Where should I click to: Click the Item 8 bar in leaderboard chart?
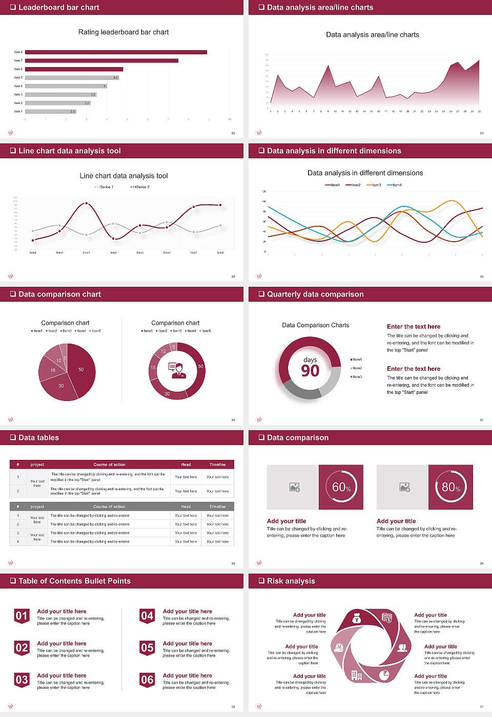[x=116, y=52]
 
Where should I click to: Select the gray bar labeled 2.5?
[x=50, y=111]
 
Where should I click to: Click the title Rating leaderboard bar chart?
[x=123, y=32]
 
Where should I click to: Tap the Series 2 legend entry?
[x=140, y=187]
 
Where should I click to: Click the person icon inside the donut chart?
[x=177, y=370]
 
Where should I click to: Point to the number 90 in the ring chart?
[x=310, y=371]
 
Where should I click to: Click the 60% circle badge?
[x=341, y=487]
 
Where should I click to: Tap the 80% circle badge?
[x=450, y=487]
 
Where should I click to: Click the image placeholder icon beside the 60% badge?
[x=294, y=487]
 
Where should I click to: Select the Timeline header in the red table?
[x=217, y=465]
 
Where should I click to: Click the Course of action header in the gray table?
[x=109, y=507]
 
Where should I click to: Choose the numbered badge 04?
[x=147, y=616]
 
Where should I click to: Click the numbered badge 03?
[x=22, y=680]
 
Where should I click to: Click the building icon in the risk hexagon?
[x=356, y=676]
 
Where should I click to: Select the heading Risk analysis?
[x=291, y=581]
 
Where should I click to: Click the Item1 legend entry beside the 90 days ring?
[x=356, y=360]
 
